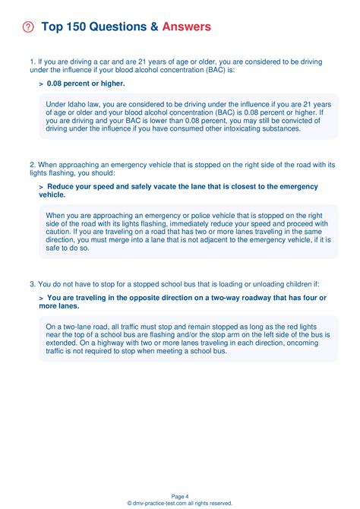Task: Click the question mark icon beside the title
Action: [29, 27]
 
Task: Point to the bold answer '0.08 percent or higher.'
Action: [85, 83]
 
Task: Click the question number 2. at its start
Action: [33, 164]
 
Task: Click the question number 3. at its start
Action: [33, 283]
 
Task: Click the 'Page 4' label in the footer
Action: [180, 495]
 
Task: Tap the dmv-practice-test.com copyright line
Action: [180, 502]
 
